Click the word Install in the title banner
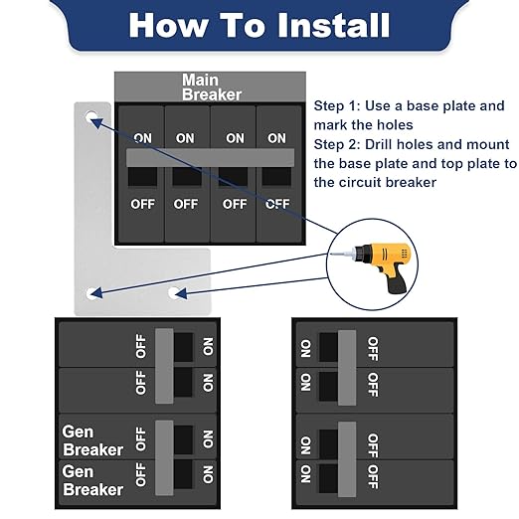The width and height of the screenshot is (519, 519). click(333, 25)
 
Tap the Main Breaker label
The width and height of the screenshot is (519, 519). click(212, 87)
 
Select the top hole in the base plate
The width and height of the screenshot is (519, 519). click(91, 117)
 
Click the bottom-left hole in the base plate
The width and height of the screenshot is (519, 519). click(91, 293)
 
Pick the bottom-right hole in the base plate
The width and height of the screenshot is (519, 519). click(174, 293)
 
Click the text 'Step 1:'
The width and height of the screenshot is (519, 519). click(337, 106)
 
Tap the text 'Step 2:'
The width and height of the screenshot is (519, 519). click(337, 145)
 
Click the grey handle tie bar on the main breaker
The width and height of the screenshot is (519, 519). click(210, 158)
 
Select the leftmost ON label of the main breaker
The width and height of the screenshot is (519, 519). click(142, 138)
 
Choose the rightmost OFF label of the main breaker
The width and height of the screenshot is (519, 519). click(277, 204)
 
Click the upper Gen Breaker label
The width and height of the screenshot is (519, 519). click(92, 440)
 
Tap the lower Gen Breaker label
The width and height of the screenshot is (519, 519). click(92, 480)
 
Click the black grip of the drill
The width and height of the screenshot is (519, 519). click(398, 284)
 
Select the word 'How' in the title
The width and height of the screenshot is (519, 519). click(169, 25)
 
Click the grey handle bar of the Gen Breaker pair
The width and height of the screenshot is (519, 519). click(164, 458)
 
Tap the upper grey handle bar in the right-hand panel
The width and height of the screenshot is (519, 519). click(347, 368)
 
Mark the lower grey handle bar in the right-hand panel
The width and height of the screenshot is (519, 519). click(347, 459)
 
